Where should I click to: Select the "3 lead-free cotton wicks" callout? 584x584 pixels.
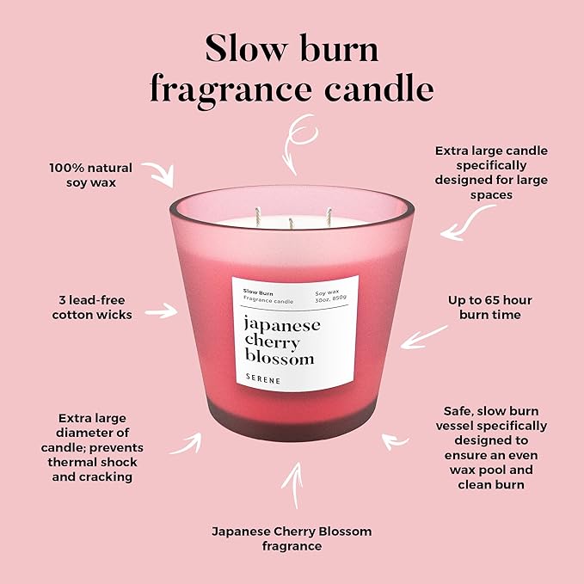pos(92,308)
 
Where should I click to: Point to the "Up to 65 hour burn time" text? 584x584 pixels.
pos(489,307)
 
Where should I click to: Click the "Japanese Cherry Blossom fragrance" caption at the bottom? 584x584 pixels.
pos(292,538)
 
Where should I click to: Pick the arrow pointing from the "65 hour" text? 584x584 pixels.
pos(423,335)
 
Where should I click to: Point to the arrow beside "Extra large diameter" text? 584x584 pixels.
pos(185,443)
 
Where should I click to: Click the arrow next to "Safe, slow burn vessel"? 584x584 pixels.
pos(396,442)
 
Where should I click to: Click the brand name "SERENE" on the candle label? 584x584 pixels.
pos(267,380)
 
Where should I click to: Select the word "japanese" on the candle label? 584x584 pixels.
pos(282,325)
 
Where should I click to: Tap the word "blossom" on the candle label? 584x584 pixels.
pos(280,358)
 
